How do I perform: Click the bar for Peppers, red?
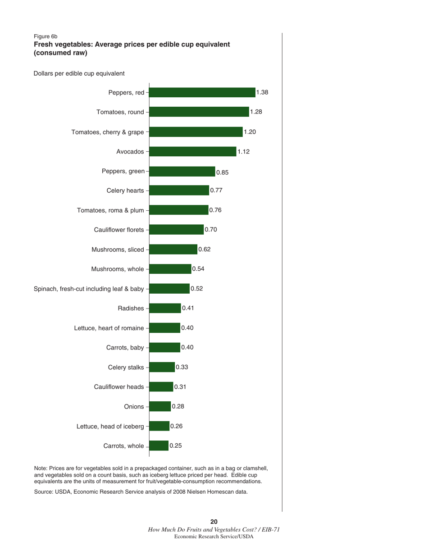pyautogui.click(x=202, y=92)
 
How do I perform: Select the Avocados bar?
pyautogui.click(x=192, y=151)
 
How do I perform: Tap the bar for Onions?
pyautogui.click(x=160, y=406)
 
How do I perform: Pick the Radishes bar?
pyautogui.click(x=165, y=308)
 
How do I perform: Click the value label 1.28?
pyautogui.click(x=256, y=112)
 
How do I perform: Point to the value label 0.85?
pyautogui.click(x=223, y=172)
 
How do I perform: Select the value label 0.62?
pyautogui.click(x=205, y=249)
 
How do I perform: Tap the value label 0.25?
pyautogui.click(x=176, y=445)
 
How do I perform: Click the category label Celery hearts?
pyautogui.click(x=125, y=191)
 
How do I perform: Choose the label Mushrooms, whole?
pyautogui.click(x=118, y=269)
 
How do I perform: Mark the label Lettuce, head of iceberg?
pyautogui.click(x=110, y=426)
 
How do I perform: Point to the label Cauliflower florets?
pyautogui.click(x=119, y=230)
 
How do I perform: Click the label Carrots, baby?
pyautogui.click(x=125, y=347)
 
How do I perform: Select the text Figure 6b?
pyautogui.click(x=46, y=36)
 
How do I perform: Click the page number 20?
pyautogui.click(x=214, y=522)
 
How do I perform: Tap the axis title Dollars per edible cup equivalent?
pyautogui.click(x=79, y=73)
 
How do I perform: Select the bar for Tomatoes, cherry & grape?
pyautogui.click(x=196, y=132)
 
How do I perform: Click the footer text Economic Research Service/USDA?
pyautogui.click(x=214, y=537)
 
